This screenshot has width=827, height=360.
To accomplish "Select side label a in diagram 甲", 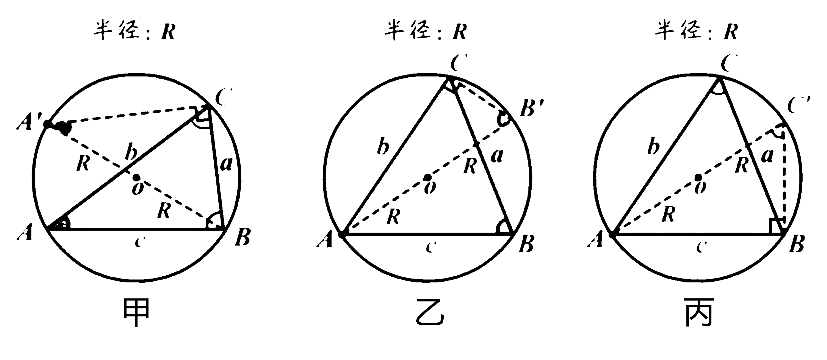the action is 226,164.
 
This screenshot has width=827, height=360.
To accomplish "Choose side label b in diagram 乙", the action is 383,147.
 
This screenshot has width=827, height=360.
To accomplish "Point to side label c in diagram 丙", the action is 701,247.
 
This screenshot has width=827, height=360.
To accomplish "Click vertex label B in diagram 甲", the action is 243,238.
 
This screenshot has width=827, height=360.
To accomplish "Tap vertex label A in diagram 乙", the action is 325,240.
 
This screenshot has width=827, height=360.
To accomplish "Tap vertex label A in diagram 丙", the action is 595,240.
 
